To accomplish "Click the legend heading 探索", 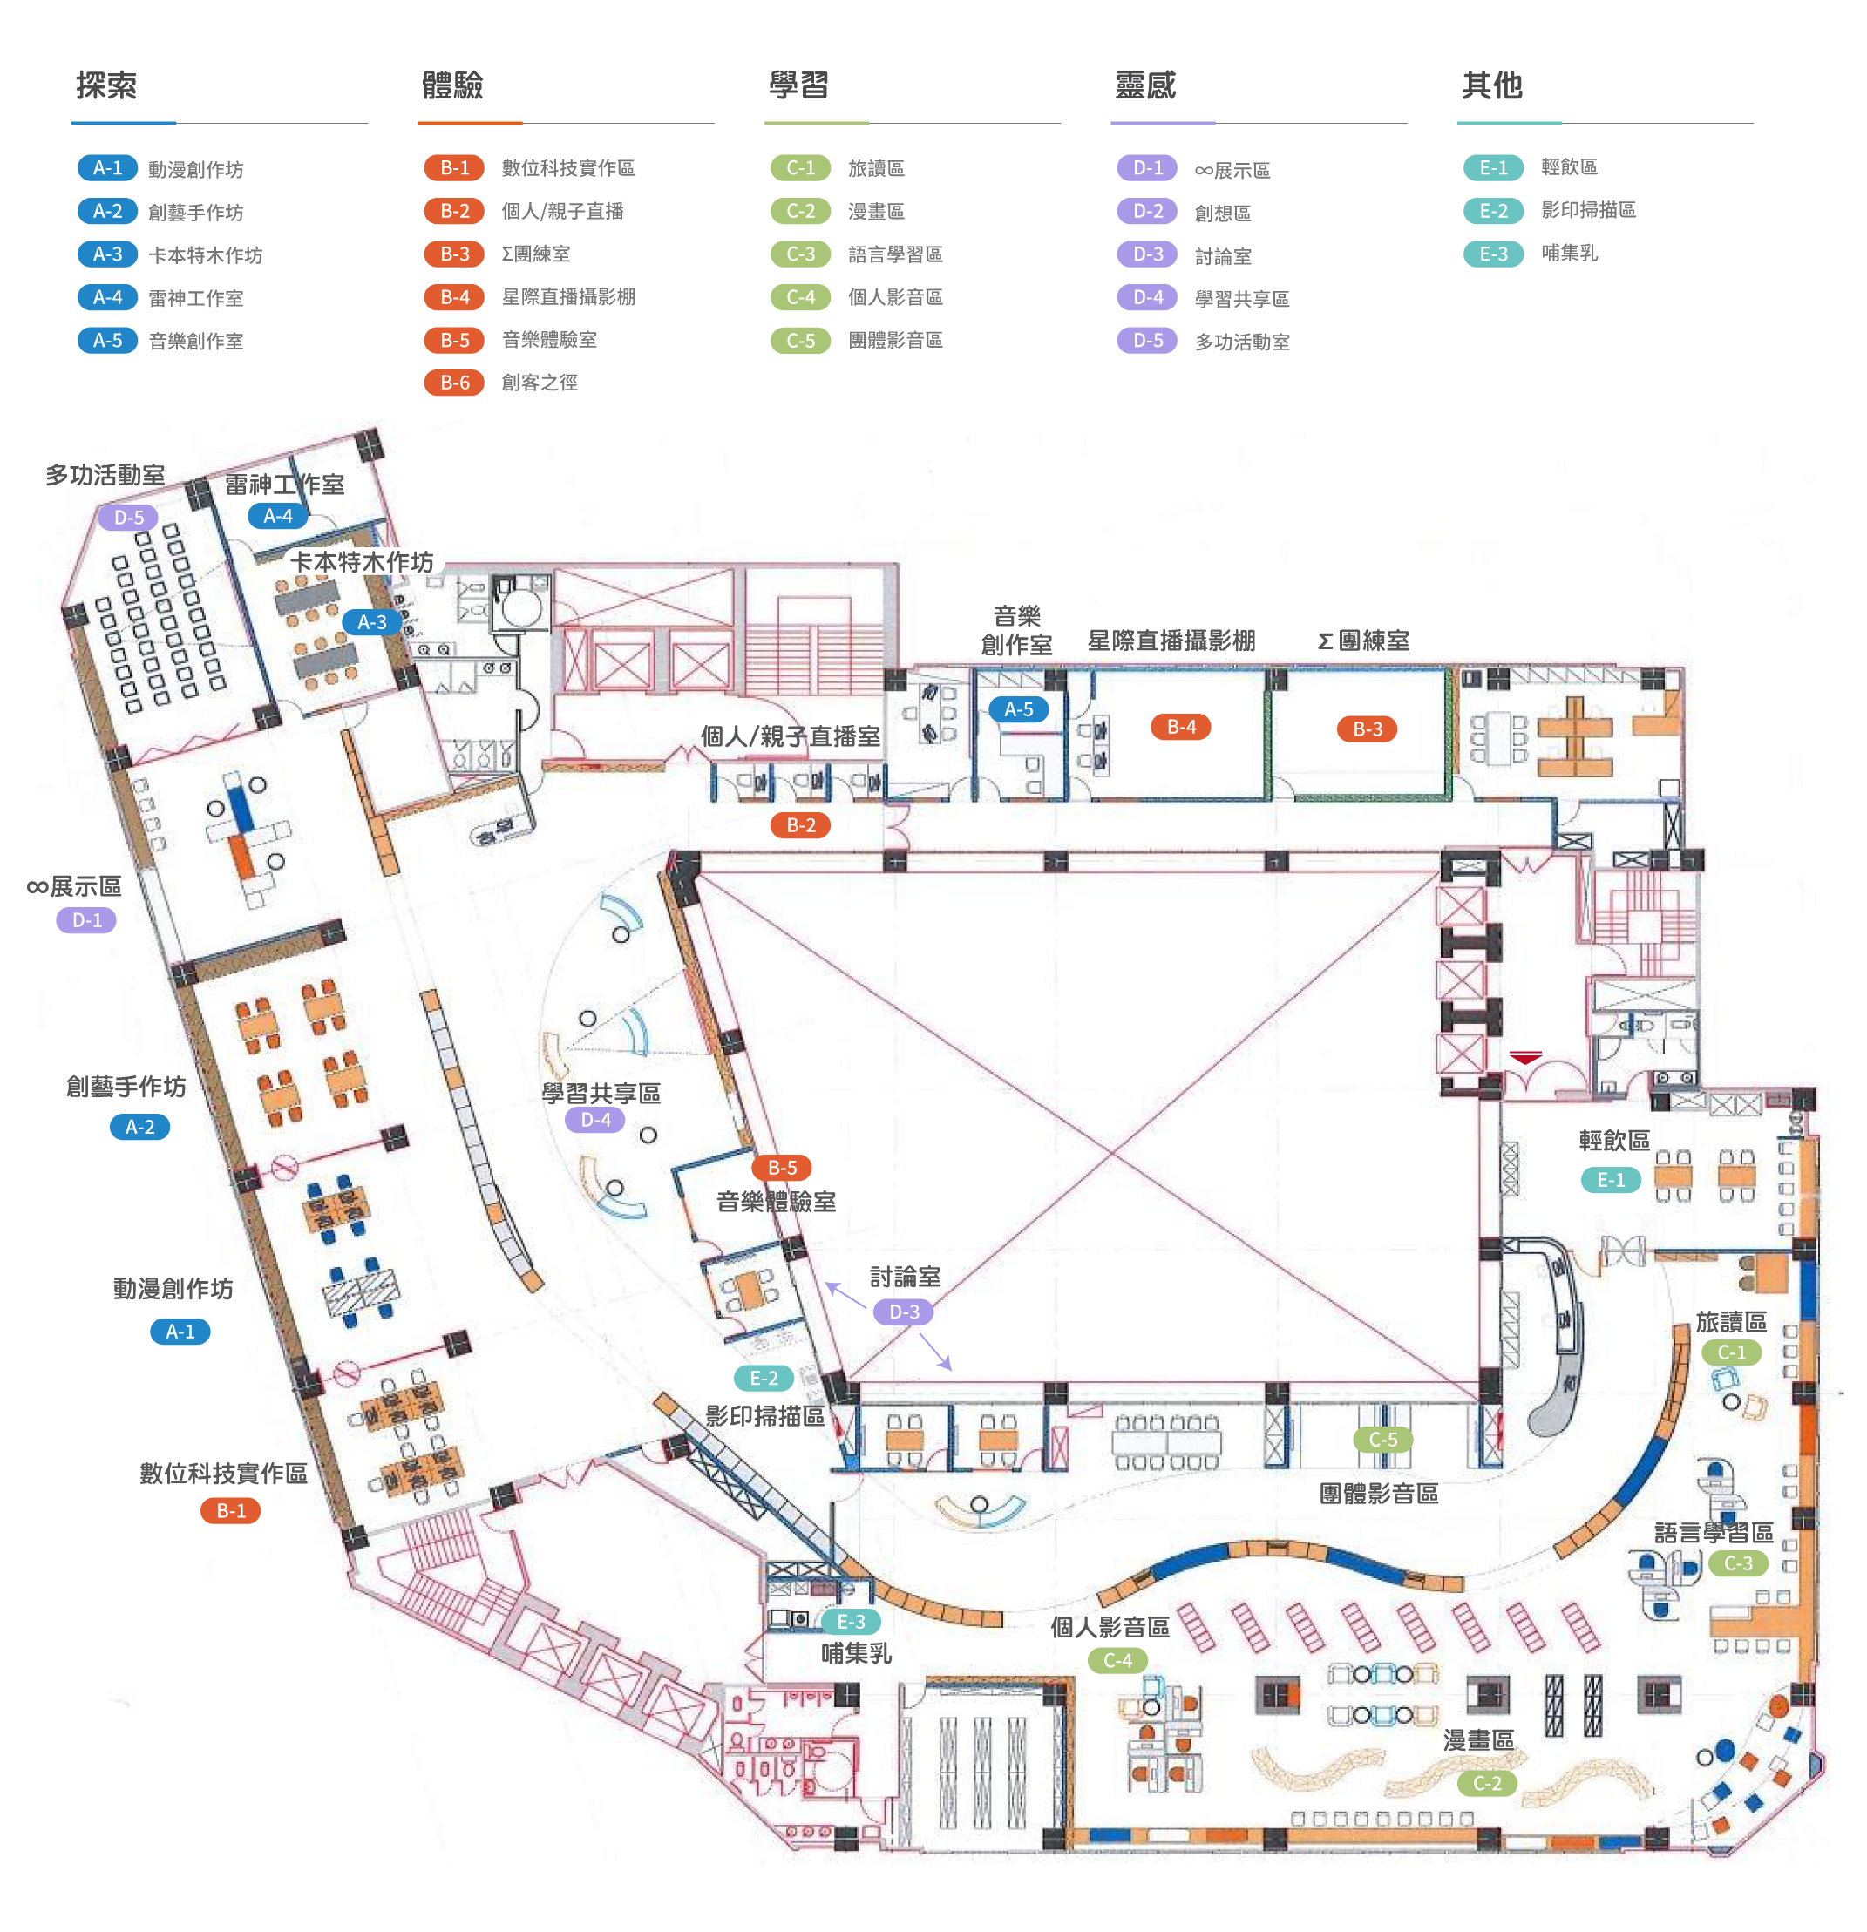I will coord(106,85).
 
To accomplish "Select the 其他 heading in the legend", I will coord(1491,85).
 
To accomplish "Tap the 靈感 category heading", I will coord(1145,85).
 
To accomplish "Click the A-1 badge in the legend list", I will coord(107,168).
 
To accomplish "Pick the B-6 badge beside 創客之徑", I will coord(454,383).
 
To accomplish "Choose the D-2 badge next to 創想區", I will coord(1147,211).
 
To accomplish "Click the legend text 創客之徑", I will coord(540,383).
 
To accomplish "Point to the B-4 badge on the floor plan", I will coord(1181,728).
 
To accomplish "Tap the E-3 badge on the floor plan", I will coord(851,1622).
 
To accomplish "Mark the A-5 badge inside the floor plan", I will coord(1018,709).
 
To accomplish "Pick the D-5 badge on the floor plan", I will coord(128,518).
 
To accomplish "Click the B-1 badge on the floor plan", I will coord(231,1511).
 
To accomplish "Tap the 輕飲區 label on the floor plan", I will coord(1613,1141).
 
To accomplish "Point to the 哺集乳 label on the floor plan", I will coord(856,1653).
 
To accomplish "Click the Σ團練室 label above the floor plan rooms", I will coord(1363,641).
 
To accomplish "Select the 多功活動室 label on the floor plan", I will coord(105,475).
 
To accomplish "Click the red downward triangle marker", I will coord(1525,1059).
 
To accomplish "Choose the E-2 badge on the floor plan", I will coord(764,1378).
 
